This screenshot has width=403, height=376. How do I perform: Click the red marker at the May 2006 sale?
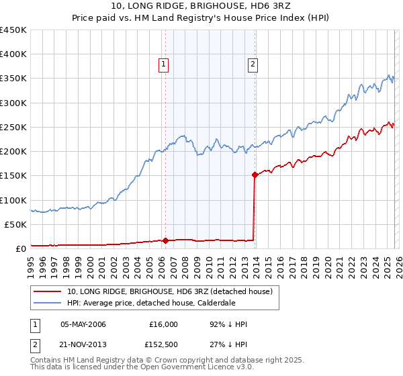coord(165,240)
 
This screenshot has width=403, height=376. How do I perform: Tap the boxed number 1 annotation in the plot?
coord(163,64)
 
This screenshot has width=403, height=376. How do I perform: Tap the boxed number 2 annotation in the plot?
coord(253,64)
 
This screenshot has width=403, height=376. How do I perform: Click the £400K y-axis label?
coord(13,54)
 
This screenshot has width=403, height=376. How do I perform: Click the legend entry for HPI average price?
coord(148,303)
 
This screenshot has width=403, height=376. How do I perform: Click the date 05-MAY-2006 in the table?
coord(83,324)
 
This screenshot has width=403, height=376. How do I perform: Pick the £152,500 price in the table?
coord(163,344)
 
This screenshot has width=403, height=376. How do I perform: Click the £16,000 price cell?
coord(163,324)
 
